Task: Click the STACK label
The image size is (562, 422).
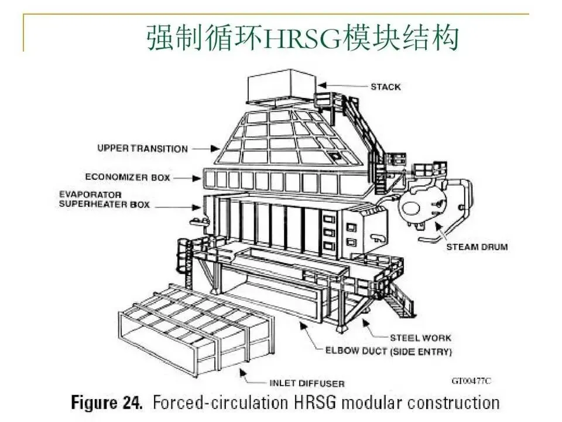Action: [385, 87]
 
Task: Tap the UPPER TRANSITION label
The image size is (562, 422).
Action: [142, 149]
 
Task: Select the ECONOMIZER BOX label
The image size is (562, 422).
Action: [127, 176]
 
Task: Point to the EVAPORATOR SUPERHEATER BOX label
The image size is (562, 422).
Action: [104, 199]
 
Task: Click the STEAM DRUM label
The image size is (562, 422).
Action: [477, 247]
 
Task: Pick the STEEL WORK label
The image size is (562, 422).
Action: [421, 338]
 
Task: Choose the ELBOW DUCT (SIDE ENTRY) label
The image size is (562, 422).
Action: [388, 352]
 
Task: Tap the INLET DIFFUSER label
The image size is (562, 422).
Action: [306, 384]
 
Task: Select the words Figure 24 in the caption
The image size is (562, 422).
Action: [106, 403]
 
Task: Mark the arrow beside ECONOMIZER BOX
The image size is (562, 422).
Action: [186, 176]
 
